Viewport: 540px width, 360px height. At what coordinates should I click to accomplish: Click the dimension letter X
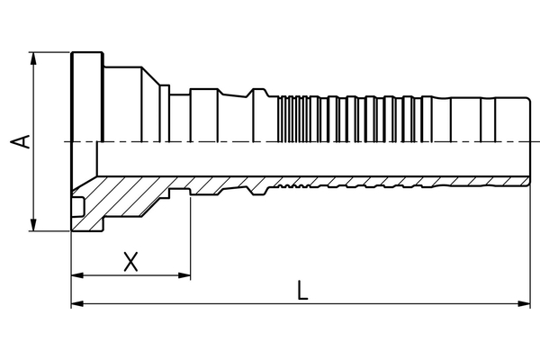coord(130,262)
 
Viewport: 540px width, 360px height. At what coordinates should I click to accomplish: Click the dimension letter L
coord(302,290)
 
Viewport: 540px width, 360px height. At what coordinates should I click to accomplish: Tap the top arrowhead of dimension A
coord(33,58)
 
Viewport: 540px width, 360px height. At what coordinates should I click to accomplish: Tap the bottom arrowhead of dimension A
coord(33,225)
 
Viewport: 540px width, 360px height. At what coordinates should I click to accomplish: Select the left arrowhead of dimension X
coord(77,275)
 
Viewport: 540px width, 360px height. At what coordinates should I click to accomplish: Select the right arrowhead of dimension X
coord(184,275)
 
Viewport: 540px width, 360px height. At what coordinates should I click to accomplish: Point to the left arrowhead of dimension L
coord(77,303)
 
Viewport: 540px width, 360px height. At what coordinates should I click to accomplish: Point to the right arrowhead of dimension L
coord(524,303)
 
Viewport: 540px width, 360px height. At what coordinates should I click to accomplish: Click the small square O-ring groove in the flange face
coord(77,207)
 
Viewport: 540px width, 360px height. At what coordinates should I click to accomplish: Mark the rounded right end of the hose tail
coord(527,141)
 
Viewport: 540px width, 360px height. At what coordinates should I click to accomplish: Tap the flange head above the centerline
coord(87,97)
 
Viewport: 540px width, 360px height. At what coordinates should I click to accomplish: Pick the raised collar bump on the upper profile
coord(259,93)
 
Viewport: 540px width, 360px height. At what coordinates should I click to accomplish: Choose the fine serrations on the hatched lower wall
coord(293,186)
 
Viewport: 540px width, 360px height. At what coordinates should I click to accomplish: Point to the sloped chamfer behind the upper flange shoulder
coord(151,76)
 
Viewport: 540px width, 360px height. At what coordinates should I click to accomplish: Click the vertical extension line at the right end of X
coord(191,238)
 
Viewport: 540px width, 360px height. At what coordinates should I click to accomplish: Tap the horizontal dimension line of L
coord(301,303)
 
